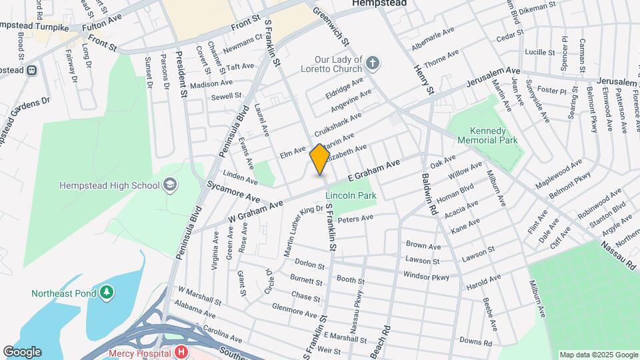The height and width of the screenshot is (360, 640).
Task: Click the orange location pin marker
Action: (x=319, y=159)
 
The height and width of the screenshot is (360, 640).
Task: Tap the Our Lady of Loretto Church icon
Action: (x=373, y=64)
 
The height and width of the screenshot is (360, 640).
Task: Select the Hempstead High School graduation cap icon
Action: (x=171, y=185)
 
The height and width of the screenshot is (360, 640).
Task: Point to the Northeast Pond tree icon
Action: (x=106, y=293)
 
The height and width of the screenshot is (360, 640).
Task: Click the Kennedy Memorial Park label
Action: (x=483, y=135)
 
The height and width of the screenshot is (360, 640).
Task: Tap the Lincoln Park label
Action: (x=351, y=195)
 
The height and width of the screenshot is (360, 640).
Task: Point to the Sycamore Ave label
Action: (x=233, y=191)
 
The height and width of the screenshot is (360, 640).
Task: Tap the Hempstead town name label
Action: (x=379, y=3)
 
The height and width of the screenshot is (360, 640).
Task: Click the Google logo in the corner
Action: (x=22, y=352)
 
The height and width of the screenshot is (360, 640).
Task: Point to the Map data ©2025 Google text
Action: (x=598, y=355)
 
